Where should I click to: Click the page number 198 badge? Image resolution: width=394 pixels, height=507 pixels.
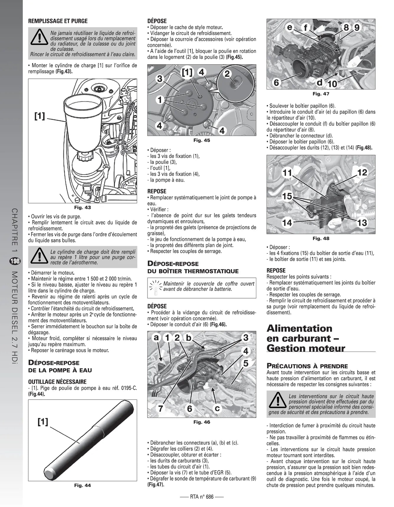point(15,261)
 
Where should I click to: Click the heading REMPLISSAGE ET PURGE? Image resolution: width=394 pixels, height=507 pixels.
point(58,21)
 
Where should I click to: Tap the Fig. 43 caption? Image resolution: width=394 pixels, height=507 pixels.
point(83,207)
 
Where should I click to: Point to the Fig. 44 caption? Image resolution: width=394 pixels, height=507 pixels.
point(83,485)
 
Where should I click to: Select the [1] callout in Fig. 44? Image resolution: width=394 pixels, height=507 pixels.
point(43,422)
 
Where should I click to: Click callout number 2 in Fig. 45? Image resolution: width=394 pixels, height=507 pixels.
point(227,74)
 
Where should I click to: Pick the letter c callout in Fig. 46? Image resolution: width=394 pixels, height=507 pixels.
point(217,408)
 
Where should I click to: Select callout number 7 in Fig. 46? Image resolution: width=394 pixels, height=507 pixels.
point(161,408)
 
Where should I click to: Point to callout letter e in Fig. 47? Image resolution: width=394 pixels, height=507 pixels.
point(290,27)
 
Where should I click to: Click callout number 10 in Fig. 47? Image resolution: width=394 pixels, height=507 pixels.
point(332,84)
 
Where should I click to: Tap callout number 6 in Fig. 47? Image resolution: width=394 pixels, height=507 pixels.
point(276,83)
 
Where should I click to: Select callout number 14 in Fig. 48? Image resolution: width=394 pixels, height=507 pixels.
point(287,223)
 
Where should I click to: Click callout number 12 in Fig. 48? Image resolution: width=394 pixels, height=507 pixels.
point(362,172)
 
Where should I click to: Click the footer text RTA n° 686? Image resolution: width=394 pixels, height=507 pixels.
point(202,497)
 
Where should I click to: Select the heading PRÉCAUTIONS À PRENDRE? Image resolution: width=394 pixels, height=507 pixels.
point(307,366)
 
